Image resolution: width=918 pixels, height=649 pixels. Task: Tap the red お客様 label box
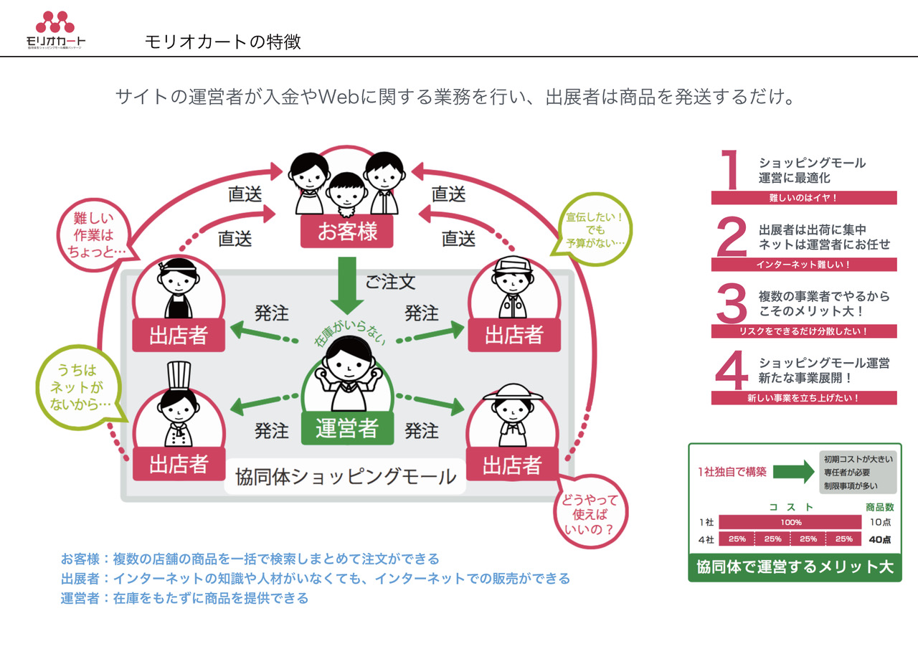click(x=347, y=231)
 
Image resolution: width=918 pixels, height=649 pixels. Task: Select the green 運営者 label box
click(x=347, y=427)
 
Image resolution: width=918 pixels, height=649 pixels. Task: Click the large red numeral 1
click(x=731, y=169)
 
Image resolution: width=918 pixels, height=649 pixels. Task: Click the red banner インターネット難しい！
click(x=803, y=265)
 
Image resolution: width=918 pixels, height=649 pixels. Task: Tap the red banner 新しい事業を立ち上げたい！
click(x=803, y=397)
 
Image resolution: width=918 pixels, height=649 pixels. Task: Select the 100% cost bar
click(x=790, y=522)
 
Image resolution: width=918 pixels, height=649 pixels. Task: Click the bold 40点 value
click(x=879, y=539)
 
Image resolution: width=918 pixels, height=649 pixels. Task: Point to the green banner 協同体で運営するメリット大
click(x=795, y=567)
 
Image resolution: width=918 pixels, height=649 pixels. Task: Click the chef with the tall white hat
click(x=177, y=405)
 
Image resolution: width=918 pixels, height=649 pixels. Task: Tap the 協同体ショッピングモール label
click(x=346, y=477)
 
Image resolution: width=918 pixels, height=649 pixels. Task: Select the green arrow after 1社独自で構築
click(x=793, y=471)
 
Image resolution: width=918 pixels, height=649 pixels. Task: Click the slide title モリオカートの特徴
click(x=222, y=42)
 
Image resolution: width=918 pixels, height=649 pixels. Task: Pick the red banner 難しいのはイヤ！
click(x=803, y=198)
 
